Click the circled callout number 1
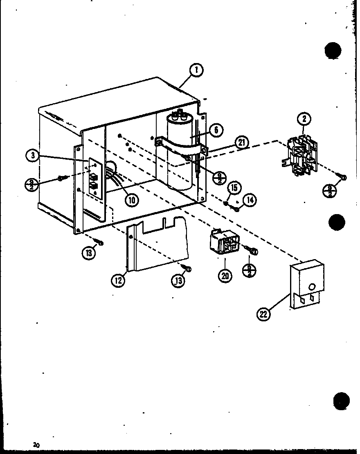pos(196,70)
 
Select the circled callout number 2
pos(304,119)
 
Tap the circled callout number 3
pos(32,156)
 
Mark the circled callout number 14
pos(249,200)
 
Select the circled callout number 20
pos(225,275)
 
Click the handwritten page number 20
pos(37,445)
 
